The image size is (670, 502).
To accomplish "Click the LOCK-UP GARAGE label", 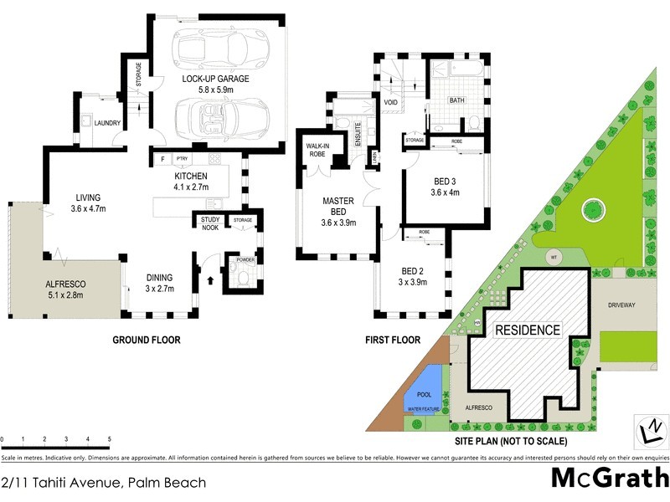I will coord(217,79).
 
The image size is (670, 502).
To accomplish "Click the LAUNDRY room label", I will coord(107,123).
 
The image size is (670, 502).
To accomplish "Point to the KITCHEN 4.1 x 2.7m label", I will coord(191,182).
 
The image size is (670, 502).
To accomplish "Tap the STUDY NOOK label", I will coord(209,224).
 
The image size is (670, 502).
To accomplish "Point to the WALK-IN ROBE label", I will coord(316,151).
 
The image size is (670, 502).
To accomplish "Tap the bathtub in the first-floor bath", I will coord(456,79).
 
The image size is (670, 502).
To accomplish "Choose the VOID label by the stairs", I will coord(390,102).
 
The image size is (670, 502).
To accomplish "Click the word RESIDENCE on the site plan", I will coord(527,330).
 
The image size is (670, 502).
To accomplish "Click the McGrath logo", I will coord(609,479).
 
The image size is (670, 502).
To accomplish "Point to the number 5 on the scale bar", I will coord(109,438).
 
